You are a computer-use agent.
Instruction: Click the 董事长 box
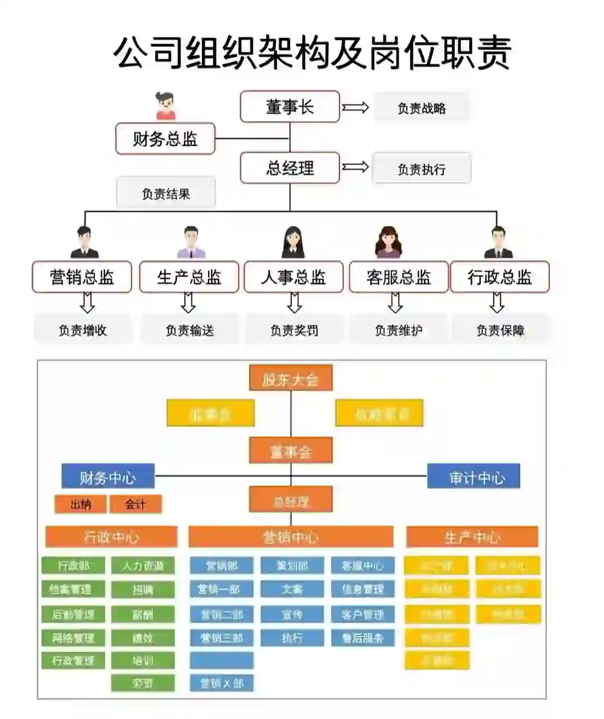click(x=290, y=107)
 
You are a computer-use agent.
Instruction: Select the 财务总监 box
click(x=165, y=139)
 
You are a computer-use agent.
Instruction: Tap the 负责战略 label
click(x=421, y=107)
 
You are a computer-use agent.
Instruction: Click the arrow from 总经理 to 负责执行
click(x=356, y=167)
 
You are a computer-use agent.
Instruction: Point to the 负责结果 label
click(x=166, y=193)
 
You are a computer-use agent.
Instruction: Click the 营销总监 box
click(x=82, y=277)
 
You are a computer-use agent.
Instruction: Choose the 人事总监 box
click(x=294, y=277)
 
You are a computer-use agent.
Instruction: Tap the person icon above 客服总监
click(x=388, y=242)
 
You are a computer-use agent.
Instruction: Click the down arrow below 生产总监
click(x=188, y=302)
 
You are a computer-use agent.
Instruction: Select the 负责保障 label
click(x=501, y=330)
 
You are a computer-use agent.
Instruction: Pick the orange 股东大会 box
click(x=291, y=379)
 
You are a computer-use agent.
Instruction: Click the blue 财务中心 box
click(x=107, y=477)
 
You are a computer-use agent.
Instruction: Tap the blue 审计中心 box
click(x=474, y=477)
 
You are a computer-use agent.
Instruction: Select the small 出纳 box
click(x=81, y=504)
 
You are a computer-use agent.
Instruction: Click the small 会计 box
click(x=135, y=504)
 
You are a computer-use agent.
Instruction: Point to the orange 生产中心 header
click(x=472, y=537)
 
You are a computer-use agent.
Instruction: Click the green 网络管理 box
click(x=73, y=638)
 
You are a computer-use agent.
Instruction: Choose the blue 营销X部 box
click(x=221, y=683)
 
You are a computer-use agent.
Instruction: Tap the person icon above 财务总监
click(x=166, y=106)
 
